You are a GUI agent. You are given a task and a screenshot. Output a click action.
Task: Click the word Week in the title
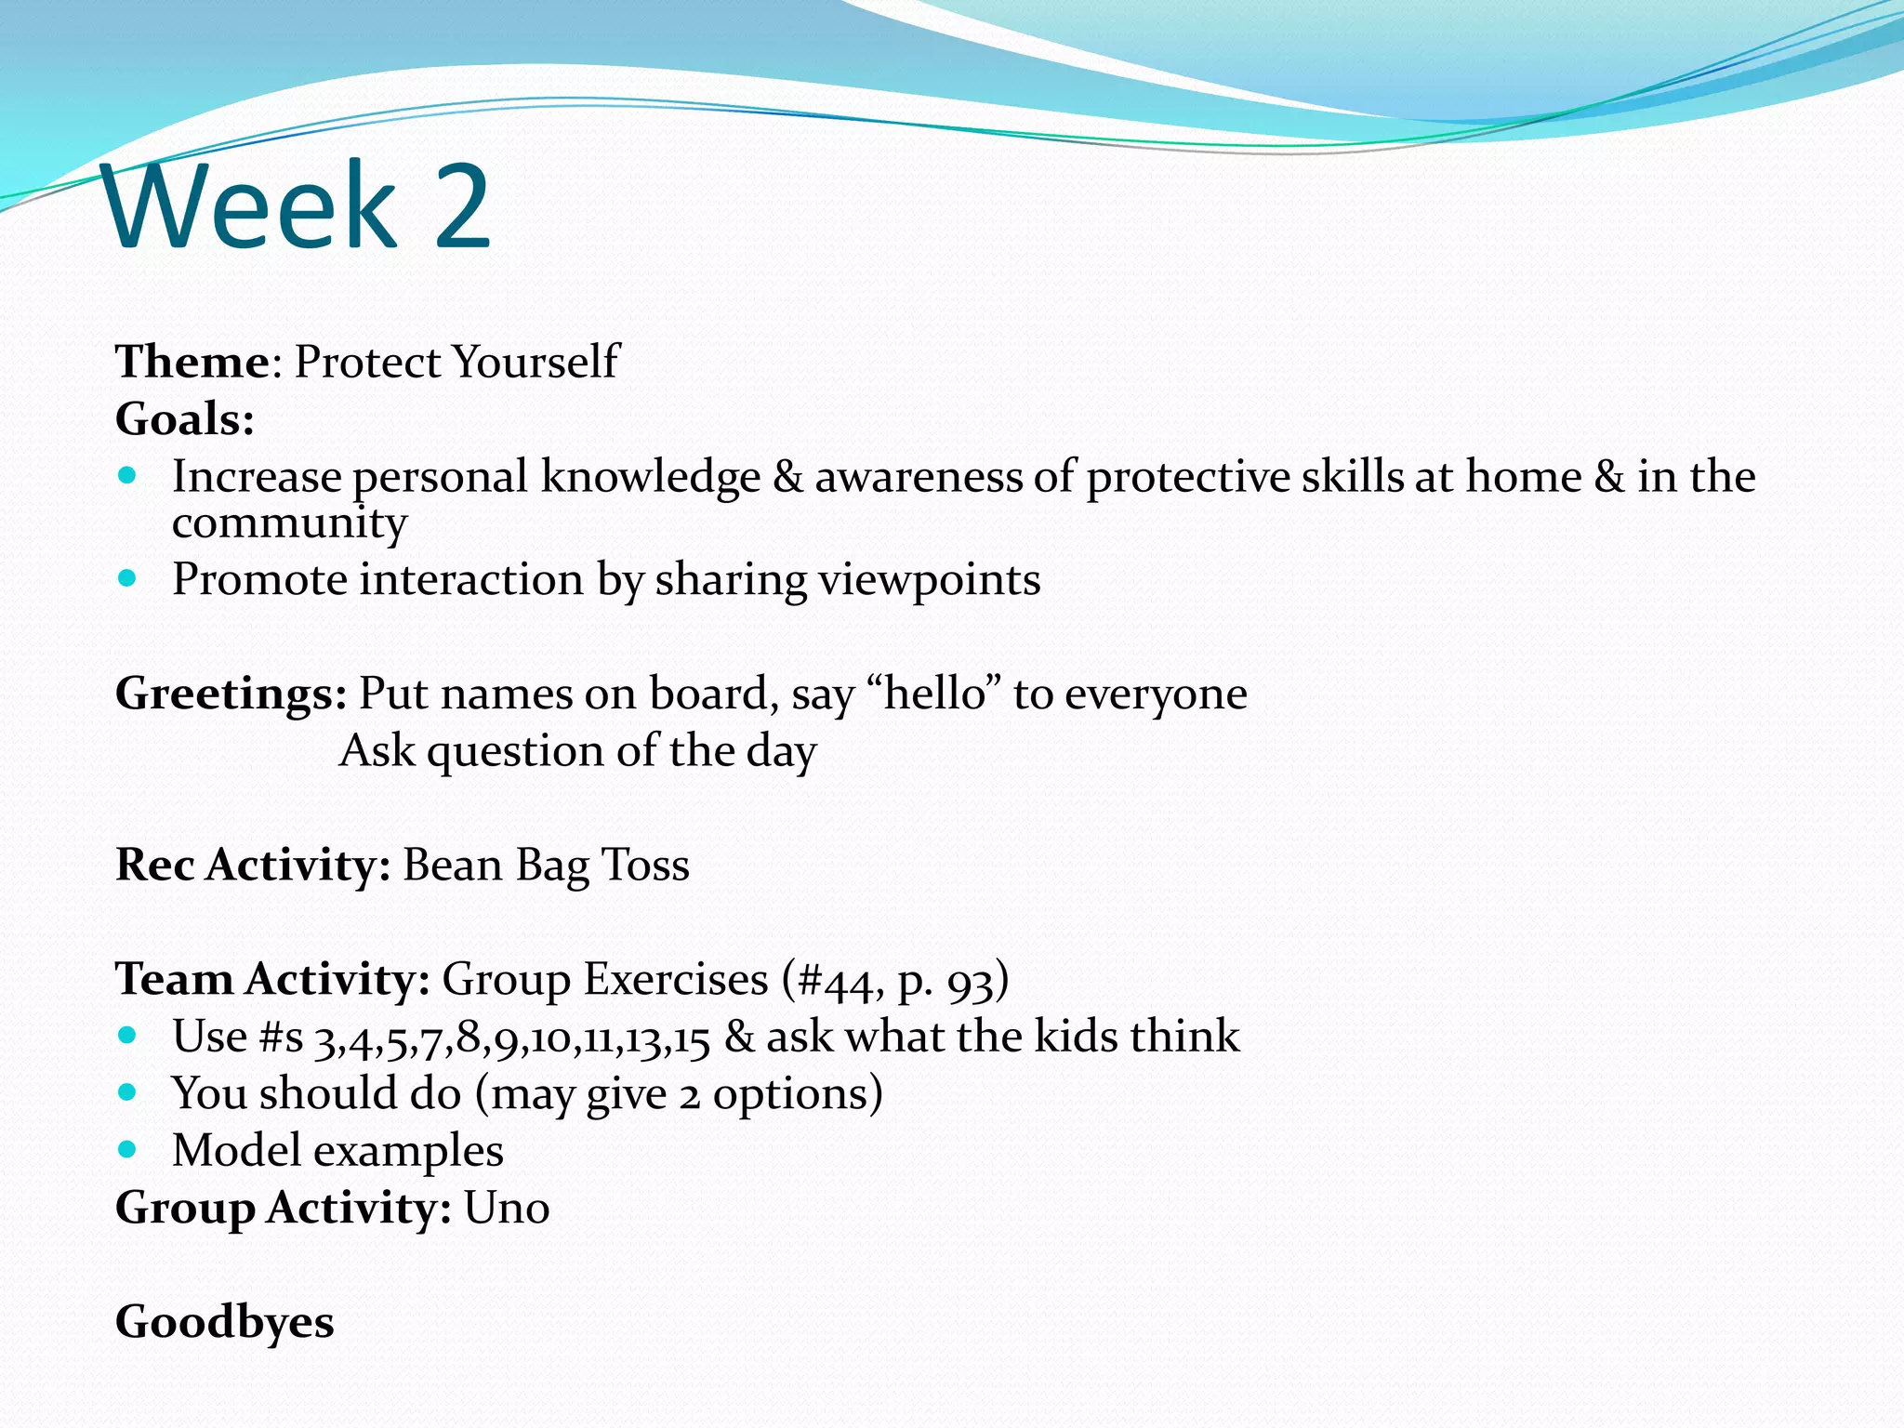pyautogui.click(x=251, y=206)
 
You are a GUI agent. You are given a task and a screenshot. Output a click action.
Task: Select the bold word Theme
pyautogui.click(x=192, y=362)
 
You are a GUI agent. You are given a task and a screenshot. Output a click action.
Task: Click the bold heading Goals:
pyautogui.click(x=184, y=419)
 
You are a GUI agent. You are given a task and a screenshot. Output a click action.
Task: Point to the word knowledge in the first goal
pyautogui.click(x=650, y=477)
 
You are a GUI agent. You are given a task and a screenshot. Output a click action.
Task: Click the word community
pyautogui.click(x=289, y=523)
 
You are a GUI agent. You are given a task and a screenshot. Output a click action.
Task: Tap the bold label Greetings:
pyautogui.click(x=231, y=694)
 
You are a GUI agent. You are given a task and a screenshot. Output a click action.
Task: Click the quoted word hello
pyautogui.click(x=934, y=694)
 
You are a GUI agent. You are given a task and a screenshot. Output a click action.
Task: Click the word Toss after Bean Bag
pyautogui.click(x=645, y=866)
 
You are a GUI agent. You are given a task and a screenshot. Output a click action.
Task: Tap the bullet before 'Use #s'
pyautogui.click(x=127, y=1036)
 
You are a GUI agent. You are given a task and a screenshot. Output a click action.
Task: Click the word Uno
pyautogui.click(x=507, y=1209)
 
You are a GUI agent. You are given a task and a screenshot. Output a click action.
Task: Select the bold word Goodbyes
pyautogui.click(x=224, y=1323)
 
